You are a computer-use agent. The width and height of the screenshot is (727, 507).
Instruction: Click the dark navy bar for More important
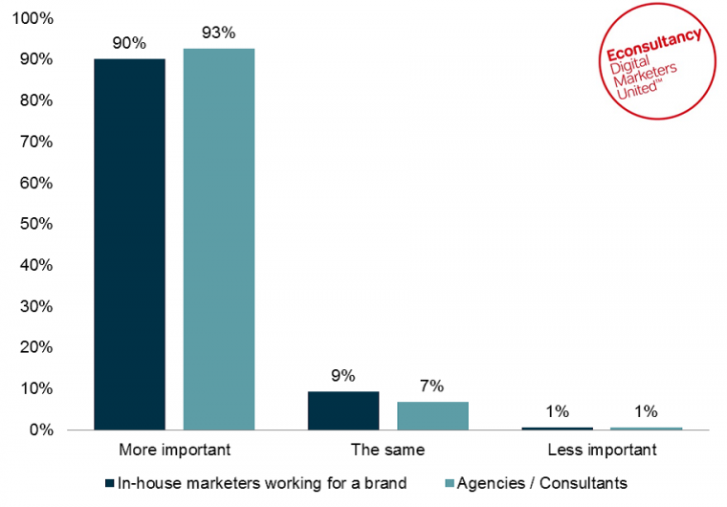pos(129,244)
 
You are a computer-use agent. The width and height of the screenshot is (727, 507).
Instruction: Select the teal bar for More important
pos(219,239)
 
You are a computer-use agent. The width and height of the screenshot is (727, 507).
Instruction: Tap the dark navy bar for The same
pos(343,410)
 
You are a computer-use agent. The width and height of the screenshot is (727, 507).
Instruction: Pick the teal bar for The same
pos(432,415)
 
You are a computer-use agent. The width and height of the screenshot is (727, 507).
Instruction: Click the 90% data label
pos(129,43)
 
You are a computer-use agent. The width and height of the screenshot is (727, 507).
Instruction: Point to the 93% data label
pos(219,33)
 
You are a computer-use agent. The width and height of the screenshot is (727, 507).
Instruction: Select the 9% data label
pos(343,376)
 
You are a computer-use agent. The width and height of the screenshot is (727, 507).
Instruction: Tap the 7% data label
pos(432,386)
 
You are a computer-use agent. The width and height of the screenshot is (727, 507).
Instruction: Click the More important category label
pos(174,449)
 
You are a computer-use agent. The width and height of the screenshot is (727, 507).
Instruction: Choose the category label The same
pos(388,449)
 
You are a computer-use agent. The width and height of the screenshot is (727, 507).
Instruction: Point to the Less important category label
pos(603,449)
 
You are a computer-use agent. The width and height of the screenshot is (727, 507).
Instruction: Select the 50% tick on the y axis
pos(37,225)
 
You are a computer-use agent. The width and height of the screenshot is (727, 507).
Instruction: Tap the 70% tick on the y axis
pos(37,143)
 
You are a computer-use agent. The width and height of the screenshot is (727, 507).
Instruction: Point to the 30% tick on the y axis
pos(37,307)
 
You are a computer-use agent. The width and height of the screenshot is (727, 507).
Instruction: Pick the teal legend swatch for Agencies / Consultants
pos(452,483)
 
